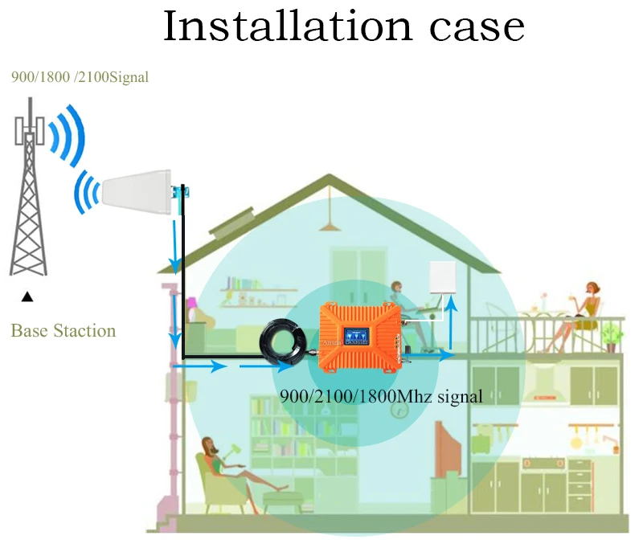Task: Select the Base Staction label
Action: pos(63,330)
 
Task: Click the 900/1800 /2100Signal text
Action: pos(80,78)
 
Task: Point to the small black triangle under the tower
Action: pos(28,297)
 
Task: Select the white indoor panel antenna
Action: pos(446,279)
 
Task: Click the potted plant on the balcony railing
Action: pos(612,335)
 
